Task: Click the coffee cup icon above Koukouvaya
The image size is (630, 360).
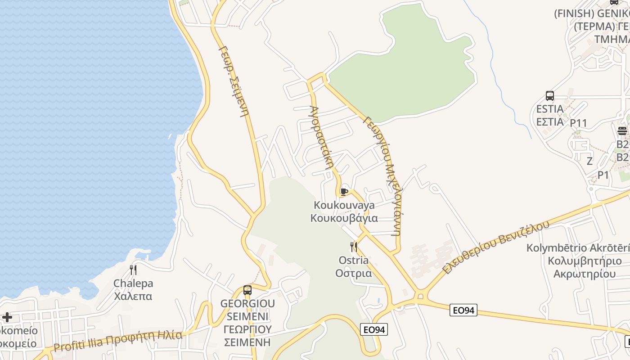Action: [344, 192]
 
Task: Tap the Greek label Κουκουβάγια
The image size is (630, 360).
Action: [344, 218]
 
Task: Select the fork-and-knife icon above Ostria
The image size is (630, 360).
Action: [354, 247]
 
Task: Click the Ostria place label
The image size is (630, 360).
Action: [354, 260]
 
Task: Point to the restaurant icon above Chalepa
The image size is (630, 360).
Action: [133, 270]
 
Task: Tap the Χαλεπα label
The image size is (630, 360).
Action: [133, 296]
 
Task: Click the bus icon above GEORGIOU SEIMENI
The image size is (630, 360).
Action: [247, 290]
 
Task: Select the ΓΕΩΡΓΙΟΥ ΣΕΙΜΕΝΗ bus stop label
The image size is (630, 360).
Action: [247, 336]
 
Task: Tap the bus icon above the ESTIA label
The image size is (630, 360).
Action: [549, 96]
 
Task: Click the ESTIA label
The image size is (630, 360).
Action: [549, 109]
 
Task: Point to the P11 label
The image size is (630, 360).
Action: [579, 123]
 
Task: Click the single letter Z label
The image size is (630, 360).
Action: [589, 161]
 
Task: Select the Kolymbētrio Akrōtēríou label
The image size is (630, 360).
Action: [578, 248]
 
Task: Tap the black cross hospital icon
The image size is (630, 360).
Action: [7, 317]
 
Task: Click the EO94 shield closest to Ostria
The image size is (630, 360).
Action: [374, 330]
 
